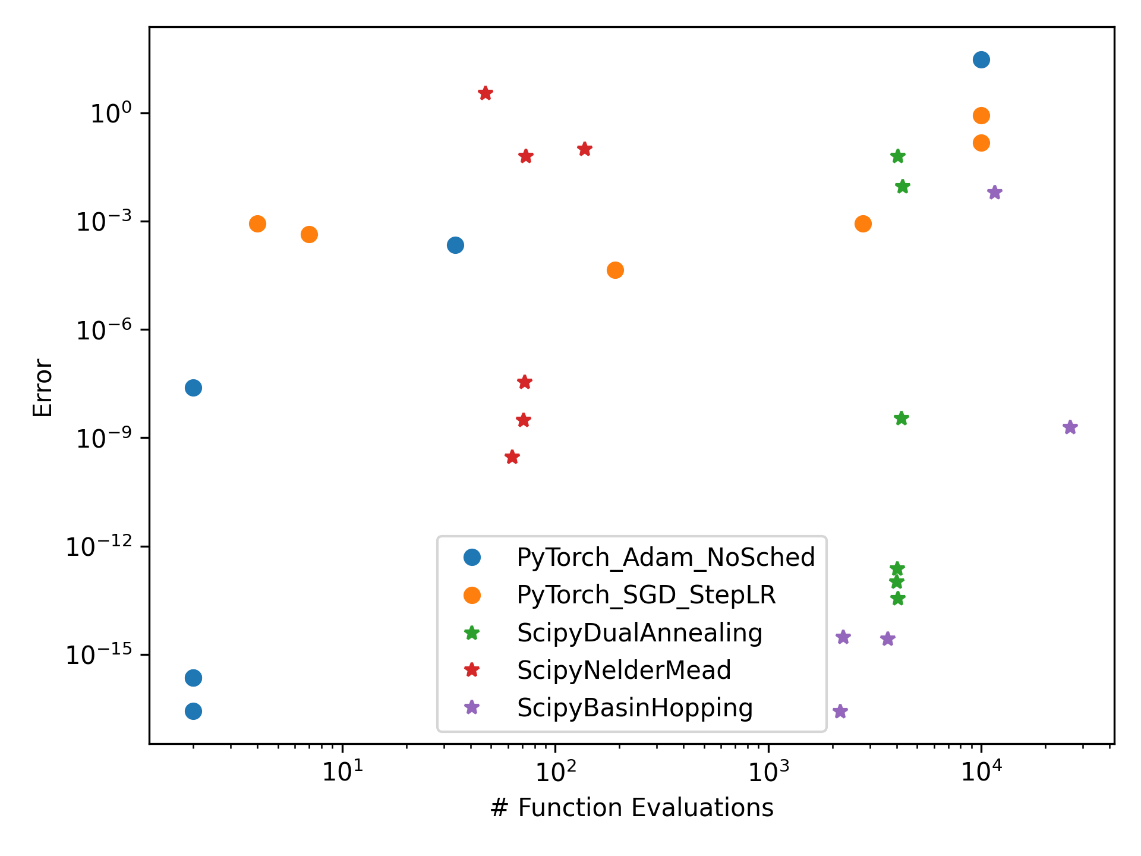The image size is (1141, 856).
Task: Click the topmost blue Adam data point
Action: [x=981, y=59]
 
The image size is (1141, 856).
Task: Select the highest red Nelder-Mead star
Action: [x=486, y=93]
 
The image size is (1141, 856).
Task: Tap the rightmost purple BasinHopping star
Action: [x=1070, y=427]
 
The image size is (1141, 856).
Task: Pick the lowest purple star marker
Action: [x=840, y=712]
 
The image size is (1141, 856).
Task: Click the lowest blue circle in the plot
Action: [x=193, y=711]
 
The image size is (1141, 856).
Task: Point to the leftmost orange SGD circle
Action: [x=257, y=224]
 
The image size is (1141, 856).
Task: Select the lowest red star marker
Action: [x=512, y=457]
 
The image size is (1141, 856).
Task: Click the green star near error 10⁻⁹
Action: [x=901, y=418]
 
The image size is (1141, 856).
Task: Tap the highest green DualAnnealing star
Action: [x=898, y=156]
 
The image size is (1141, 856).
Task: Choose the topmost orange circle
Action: [x=981, y=115]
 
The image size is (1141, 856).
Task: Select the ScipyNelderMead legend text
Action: [x=624, y=671]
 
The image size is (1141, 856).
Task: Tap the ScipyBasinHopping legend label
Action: [x=635, y=708]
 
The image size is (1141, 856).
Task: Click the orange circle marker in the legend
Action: [x=472, y=595]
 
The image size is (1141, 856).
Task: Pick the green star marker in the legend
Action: [x=472, y=632]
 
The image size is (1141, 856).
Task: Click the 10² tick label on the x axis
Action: [x=555, y=772]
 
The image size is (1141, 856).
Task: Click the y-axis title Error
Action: [x=43, y=388]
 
